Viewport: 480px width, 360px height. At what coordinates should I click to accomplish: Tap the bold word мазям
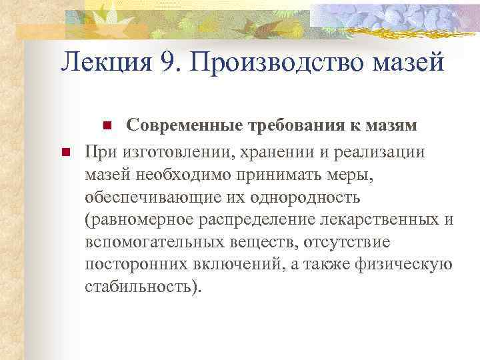pos(393,125)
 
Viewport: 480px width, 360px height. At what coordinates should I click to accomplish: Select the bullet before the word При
pos(65,152)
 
